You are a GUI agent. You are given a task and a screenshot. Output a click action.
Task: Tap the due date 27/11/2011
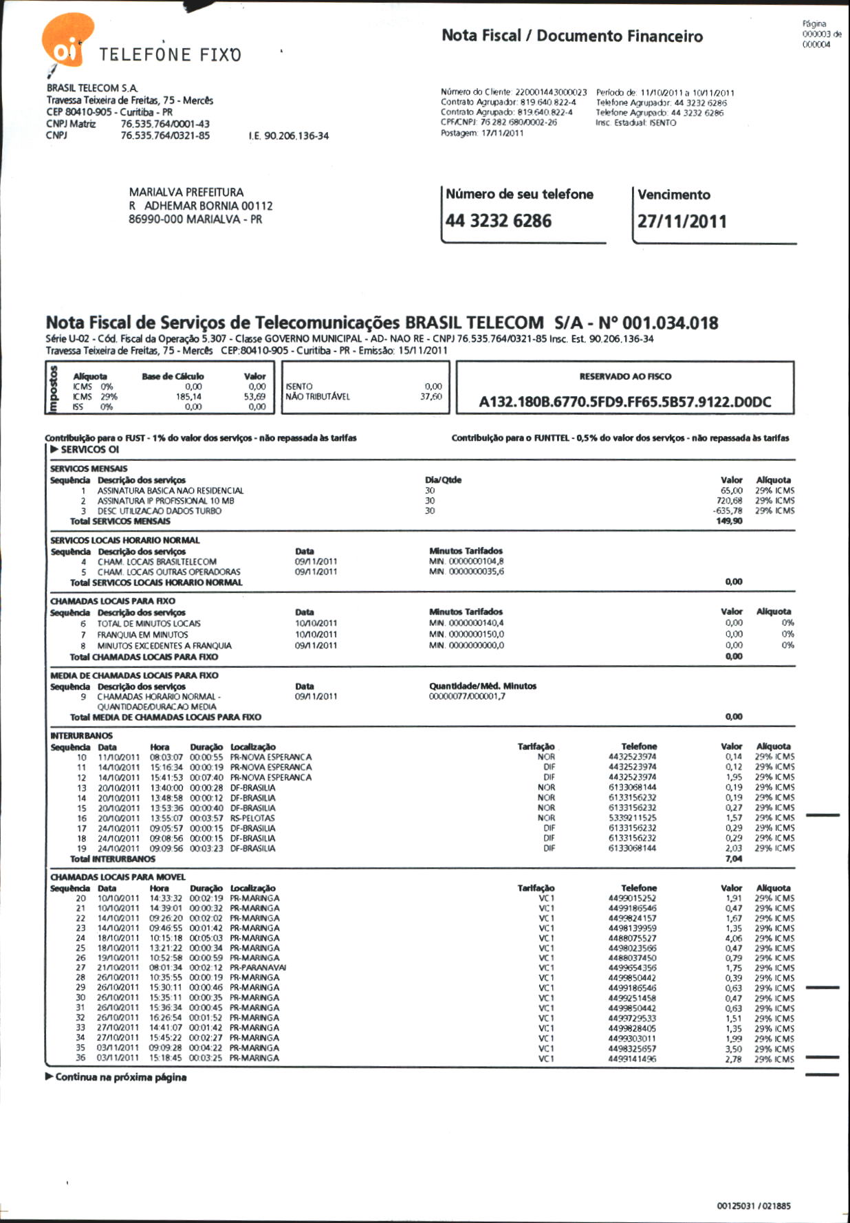click(682, 221)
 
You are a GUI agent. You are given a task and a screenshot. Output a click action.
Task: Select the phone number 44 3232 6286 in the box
click(498, 221)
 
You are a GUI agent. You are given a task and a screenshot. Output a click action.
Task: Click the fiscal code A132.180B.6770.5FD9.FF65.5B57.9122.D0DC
click(624, 402)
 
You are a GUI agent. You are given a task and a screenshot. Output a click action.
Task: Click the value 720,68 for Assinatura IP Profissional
click(730, 501)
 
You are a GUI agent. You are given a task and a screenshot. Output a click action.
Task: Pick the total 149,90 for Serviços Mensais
click(730, 521)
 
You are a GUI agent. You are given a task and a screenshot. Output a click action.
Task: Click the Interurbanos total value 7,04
click(734, 858)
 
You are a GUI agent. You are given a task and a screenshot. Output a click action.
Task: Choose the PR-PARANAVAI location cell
click(258, 968)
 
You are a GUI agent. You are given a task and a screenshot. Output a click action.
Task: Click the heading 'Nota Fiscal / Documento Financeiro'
click(572, 36)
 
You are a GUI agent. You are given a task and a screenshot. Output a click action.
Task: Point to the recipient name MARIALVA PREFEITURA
click(186, 193)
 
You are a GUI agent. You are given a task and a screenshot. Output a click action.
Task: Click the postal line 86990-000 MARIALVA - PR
click(195, 219)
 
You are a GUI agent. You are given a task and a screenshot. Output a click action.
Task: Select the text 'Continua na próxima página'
click(120, 1077)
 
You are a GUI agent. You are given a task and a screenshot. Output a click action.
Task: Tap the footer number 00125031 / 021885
click(754, 1206)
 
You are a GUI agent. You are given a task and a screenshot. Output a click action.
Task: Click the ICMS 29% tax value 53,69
click(254, 397)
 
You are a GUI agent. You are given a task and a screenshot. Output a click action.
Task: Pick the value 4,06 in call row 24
click(734, 938)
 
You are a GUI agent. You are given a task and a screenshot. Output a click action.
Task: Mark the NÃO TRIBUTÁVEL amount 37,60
click(431, 397)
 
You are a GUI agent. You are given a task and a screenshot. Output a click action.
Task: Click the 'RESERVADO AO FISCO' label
click(625, 376)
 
